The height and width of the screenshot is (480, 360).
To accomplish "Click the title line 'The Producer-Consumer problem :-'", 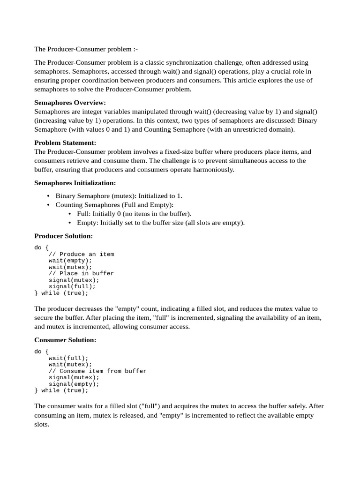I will [86, 49].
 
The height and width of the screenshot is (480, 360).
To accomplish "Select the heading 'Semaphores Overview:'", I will [70, 103].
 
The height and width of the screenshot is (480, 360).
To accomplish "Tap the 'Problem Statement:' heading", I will [65, 143].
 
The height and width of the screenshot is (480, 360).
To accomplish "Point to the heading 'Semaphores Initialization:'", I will [75, 183].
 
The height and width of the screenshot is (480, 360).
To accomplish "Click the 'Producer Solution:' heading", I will [64, 236].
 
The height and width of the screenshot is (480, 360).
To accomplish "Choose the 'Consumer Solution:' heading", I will [65, 340].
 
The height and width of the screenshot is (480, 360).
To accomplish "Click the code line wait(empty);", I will [70, 261].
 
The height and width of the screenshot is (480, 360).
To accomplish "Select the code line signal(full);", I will [72, 286].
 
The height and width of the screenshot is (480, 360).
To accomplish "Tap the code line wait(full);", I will [68, 358].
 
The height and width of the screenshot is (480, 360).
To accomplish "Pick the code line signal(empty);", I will [74, 383].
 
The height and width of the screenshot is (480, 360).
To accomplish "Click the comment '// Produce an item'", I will [81, 254].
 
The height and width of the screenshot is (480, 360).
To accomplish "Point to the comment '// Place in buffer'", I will [81, 273].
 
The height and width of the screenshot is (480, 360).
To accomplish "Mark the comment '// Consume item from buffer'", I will [97, 371].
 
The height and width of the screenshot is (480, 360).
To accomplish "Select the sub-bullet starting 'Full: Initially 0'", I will [134, 214].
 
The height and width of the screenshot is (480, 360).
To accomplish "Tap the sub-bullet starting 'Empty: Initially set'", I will [161, 223].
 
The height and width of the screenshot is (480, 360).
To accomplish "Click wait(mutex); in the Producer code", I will [70, 267].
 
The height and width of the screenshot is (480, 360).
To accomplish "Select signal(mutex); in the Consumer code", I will [74, 377].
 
